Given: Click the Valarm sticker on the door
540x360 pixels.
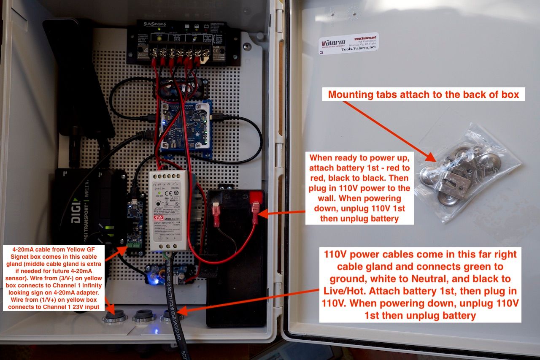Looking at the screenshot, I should (348, 43).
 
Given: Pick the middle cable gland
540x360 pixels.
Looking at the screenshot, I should (144, 316).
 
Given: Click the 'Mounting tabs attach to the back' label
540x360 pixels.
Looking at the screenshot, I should (423, 94).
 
